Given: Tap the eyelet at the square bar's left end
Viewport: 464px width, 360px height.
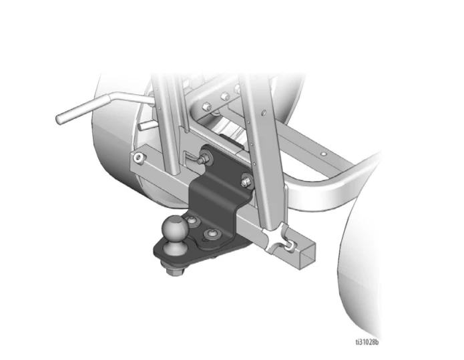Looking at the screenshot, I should (x=138, y=157).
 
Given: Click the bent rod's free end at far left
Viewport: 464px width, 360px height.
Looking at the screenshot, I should (x=59, y=118).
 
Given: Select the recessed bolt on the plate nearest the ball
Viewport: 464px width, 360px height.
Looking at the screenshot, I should (x=194, y=222).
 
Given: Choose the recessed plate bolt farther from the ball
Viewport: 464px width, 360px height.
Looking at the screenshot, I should (x=212, y=234).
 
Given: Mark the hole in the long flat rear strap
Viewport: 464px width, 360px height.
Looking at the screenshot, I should (x=324, y=154).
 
